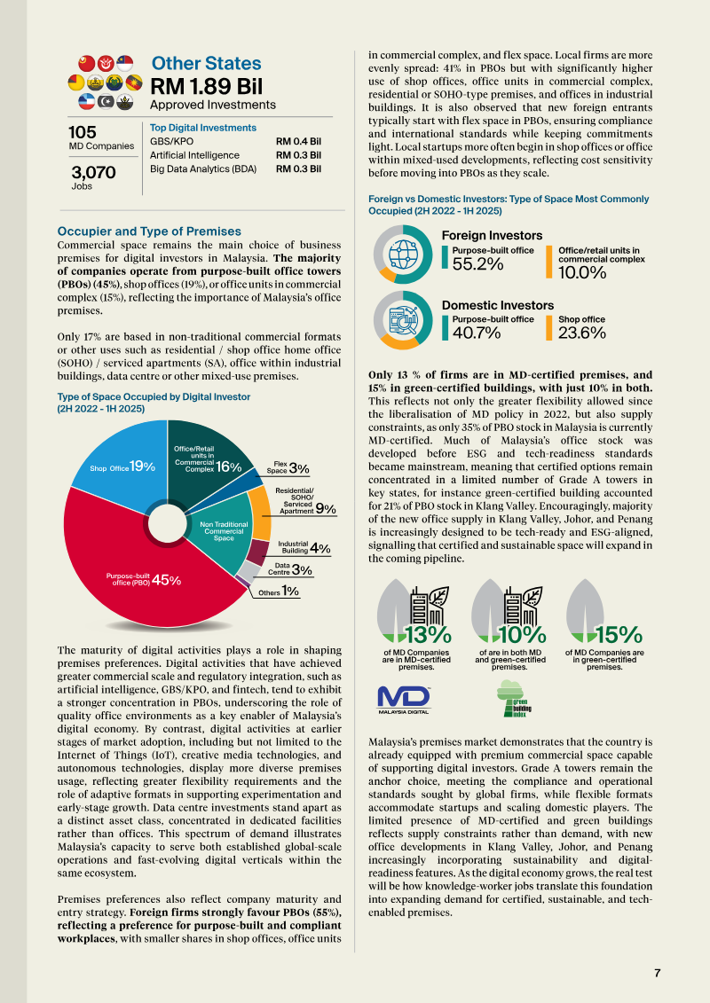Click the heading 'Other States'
click(206, 63)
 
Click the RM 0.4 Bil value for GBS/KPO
click(298, 141)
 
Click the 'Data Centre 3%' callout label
click(291, 568)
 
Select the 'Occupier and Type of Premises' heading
click(148, 231)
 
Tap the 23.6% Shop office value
click(581, 333)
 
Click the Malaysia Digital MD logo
click(404, 699)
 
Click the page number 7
click(657, 973)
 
